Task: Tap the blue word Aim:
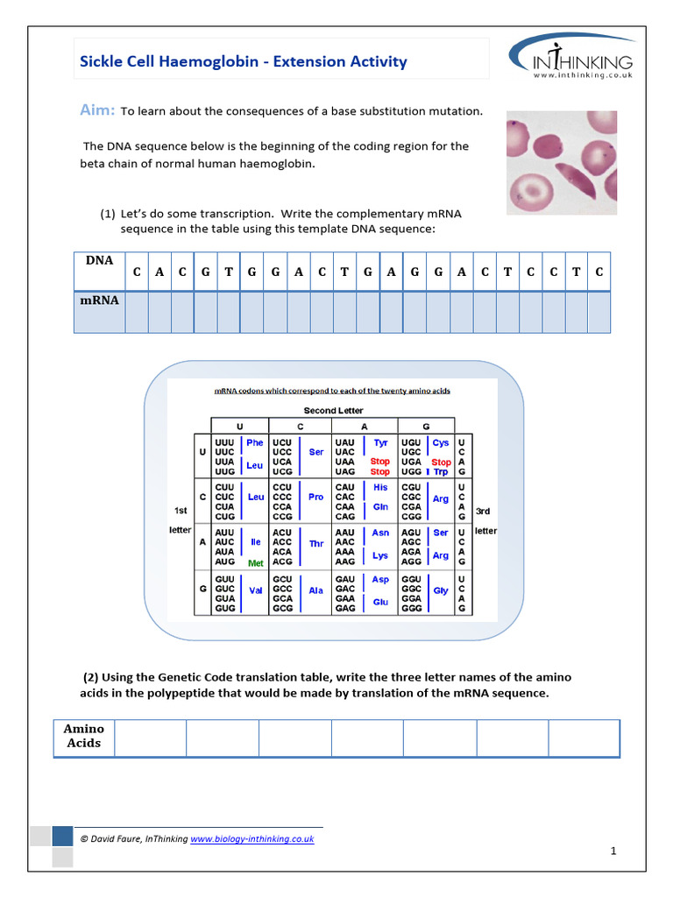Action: (97, 110)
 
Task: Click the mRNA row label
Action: (99, 300)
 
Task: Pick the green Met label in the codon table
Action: (256, 563)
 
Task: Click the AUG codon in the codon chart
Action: (224, 562)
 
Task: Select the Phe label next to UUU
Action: (255, 443)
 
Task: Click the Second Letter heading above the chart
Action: (333, 410)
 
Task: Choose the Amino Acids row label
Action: (84, 736)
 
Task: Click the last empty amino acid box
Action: (584, 738)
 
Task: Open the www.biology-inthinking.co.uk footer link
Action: (252, 838)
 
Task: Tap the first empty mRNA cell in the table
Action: (136, 312)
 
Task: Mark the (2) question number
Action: (92, 677)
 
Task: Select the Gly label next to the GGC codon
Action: (441, 590)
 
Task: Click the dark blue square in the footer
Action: (62, 836)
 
